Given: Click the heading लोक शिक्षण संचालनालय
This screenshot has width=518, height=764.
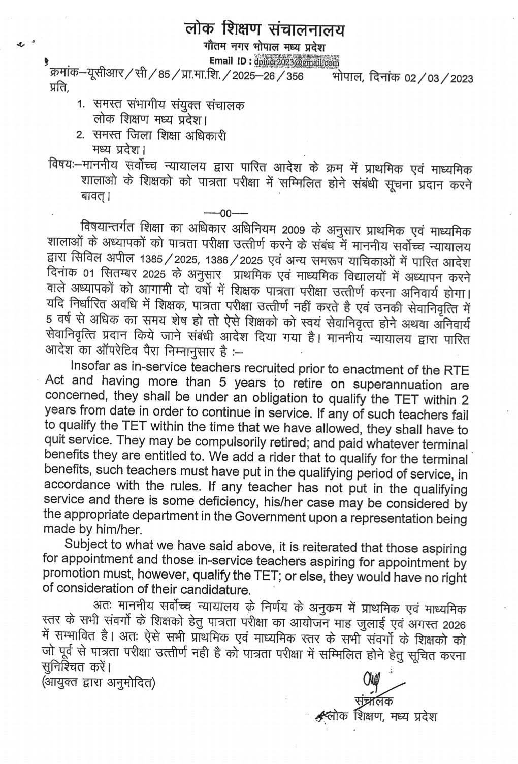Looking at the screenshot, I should coord(264,29).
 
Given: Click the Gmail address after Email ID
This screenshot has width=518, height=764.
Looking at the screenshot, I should coord(297,63).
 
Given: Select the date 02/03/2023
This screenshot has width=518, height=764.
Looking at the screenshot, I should coord(439,78).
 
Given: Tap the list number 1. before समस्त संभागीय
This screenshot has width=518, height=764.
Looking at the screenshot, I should coord(80,105).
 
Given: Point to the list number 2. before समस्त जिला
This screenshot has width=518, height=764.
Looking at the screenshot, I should coord(80,136).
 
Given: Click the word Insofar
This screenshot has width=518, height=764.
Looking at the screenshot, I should coord(93,366).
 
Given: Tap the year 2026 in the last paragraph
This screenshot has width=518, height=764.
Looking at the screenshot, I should coord(455,622).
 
